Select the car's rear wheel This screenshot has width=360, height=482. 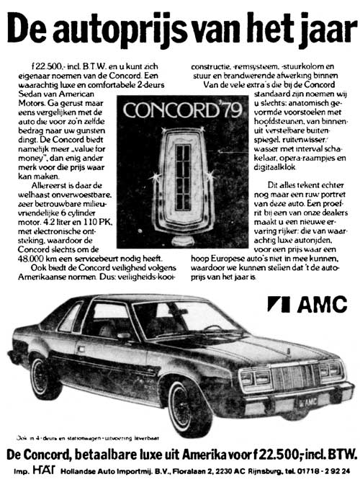[x=47, y=378]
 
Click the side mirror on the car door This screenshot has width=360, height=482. [x=124, y=335]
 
